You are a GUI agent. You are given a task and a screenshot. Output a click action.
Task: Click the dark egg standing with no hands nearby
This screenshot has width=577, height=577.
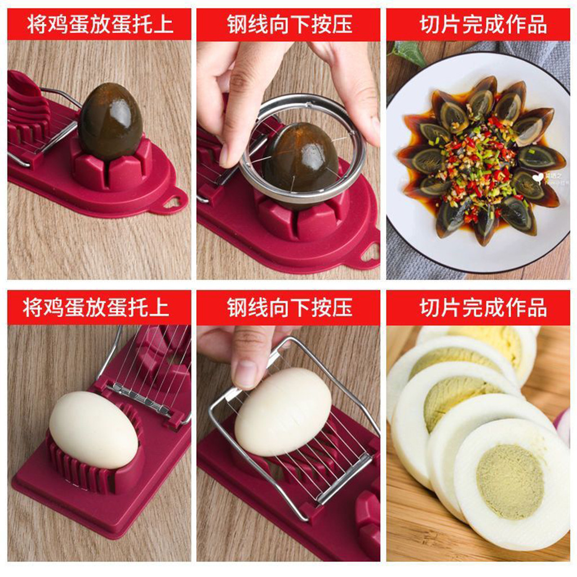110,122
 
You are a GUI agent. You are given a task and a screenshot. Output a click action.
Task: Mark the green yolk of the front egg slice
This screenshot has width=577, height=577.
510,481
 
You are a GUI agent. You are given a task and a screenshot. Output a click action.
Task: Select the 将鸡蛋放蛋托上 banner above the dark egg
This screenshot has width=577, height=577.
99,25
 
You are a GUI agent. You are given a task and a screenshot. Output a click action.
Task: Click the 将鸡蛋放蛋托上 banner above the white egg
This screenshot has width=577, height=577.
99,307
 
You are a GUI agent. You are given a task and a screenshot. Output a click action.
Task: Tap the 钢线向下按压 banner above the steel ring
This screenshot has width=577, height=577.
289,25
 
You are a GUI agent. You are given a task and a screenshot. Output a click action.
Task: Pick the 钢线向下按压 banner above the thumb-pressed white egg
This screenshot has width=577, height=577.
289,307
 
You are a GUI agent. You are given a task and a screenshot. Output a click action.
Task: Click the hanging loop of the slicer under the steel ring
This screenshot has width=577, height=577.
369,253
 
